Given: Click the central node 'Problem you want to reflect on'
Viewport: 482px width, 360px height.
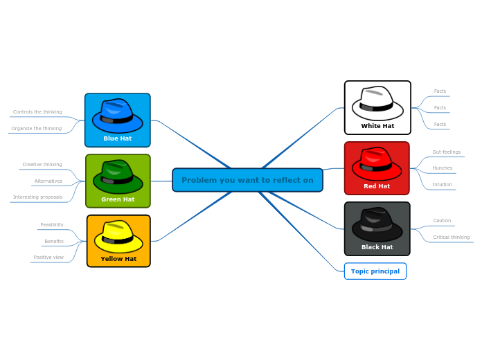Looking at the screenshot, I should click(x=247, y=180).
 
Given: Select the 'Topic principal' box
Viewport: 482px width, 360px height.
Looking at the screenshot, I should click(x=375, y=271).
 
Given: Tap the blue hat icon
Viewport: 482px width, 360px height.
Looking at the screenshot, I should click(x=117, y=116).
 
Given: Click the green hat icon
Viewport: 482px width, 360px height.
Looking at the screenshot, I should click(x=118, y=177).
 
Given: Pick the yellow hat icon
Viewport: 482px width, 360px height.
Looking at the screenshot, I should click(x=118, y=237).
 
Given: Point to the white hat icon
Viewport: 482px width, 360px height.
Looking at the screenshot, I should click(x=377, y=103).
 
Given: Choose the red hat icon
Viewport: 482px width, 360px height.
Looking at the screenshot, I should click(x=377, y=163).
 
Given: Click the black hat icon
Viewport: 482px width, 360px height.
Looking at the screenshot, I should click(x=377, y=224).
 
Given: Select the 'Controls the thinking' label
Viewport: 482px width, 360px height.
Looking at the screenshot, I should click(x=37, y=111).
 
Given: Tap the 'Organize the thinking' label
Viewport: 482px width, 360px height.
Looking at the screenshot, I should click(x=37, y=128).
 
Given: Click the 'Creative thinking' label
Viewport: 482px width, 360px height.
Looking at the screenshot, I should click(x=42, y=165).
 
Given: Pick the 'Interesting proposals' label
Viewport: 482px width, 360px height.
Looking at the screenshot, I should click(x=37, y=197).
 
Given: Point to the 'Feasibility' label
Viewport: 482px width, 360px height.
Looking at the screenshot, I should click(x=52, y=224).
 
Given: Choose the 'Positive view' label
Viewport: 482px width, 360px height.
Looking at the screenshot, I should click(x=48, y=257).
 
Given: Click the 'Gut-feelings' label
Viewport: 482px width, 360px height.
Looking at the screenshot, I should click(x=446, y=152).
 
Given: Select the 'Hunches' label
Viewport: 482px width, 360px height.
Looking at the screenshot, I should click(x=442, y=168).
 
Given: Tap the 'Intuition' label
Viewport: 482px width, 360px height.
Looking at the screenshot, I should click(x=442, y=184).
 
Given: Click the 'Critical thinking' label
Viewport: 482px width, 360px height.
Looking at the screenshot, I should click(x=451, y=237).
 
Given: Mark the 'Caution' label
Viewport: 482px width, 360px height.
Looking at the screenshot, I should click(x=442, y=220).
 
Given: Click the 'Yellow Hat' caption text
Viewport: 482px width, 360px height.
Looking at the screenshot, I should click(x=118, y=259).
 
